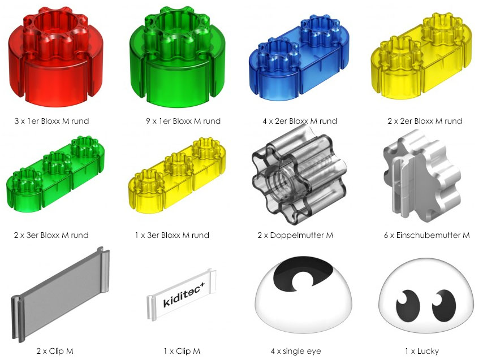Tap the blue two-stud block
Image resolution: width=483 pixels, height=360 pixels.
point(299,58)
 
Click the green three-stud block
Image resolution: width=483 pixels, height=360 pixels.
point(55,174)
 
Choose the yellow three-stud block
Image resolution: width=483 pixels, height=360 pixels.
point(177,175)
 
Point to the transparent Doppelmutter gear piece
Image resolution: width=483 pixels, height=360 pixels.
point(299,175)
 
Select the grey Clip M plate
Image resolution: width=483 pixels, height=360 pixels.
point(60,294)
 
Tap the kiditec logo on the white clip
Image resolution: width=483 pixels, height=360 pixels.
point(184,294)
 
